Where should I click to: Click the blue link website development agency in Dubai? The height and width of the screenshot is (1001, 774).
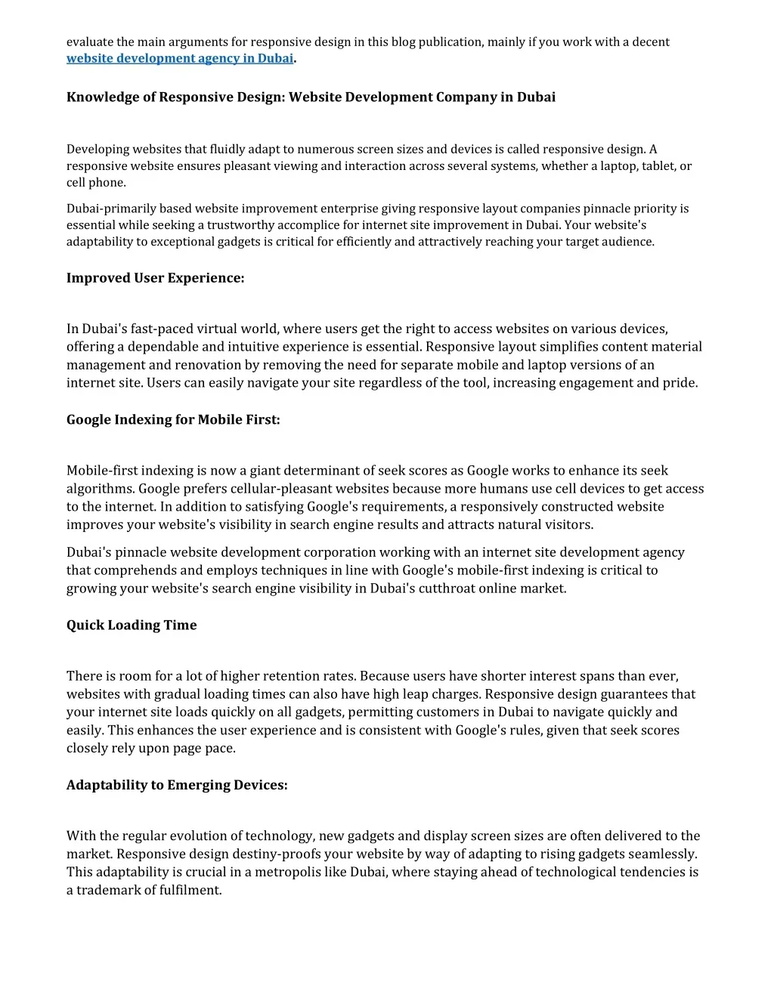click(x=179, y=59)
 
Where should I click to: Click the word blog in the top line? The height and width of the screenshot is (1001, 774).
click(x=403, y=42)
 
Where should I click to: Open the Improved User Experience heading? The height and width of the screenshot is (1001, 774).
click(x=155, y=278)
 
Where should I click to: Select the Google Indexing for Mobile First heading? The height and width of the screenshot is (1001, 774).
click(x=173, y=420)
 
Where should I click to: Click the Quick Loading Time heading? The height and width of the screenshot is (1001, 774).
click(x=132, y=626)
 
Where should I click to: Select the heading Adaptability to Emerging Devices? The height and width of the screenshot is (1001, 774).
click(x=177, y=785)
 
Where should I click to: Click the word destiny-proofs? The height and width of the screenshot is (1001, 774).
click(x=224, y=854)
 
